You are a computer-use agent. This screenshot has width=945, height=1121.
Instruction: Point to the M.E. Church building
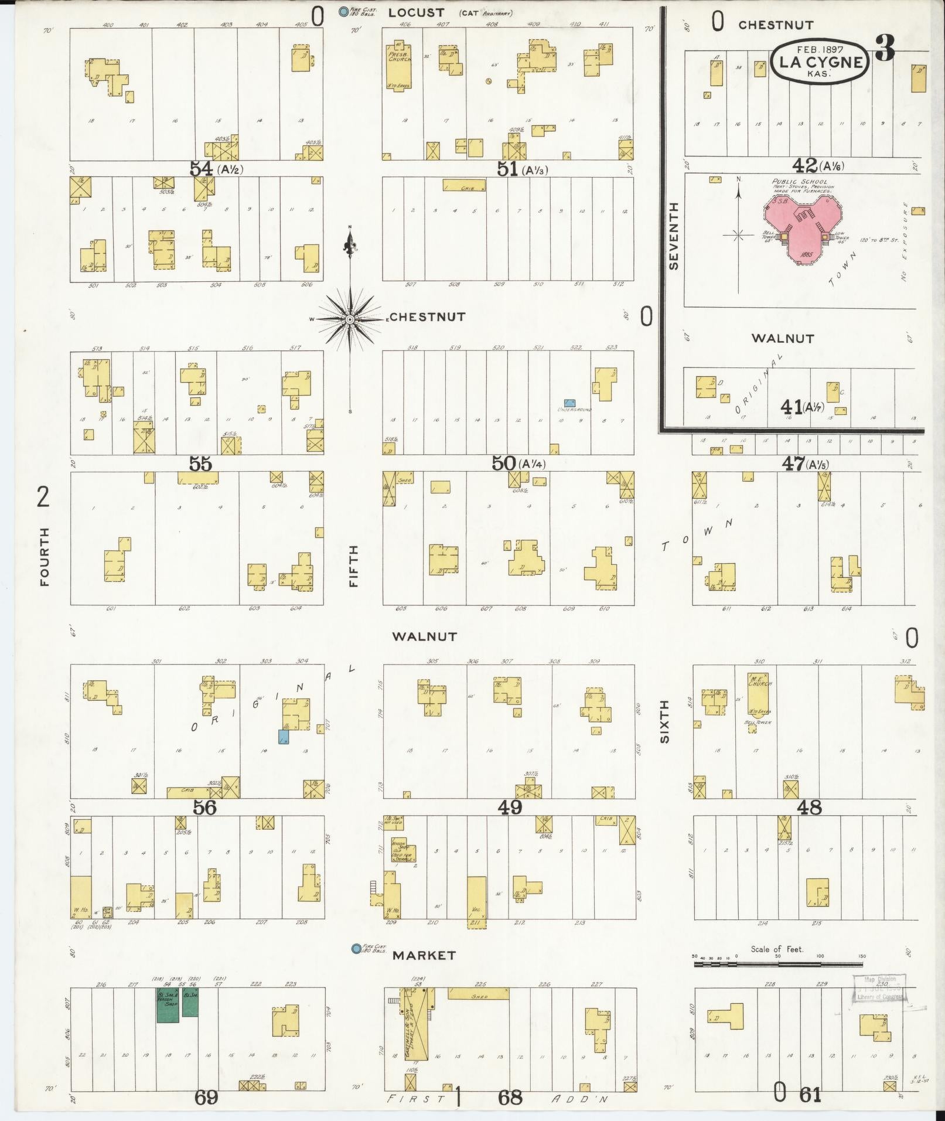759,689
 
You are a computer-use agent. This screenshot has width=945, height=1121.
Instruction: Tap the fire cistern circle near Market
355,949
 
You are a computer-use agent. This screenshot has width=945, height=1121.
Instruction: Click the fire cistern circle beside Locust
343,11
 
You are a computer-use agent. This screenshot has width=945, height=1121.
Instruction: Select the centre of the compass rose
350,319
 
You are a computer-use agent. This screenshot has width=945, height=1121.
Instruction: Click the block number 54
200,169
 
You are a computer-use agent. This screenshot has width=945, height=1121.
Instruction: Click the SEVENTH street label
674,236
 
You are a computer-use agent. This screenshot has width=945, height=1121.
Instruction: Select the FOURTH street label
45,556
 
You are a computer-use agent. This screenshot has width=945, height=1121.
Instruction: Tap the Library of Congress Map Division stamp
877,990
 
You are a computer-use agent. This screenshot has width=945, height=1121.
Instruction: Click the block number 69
206,1097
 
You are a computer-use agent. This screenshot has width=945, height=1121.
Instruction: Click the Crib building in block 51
464,186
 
